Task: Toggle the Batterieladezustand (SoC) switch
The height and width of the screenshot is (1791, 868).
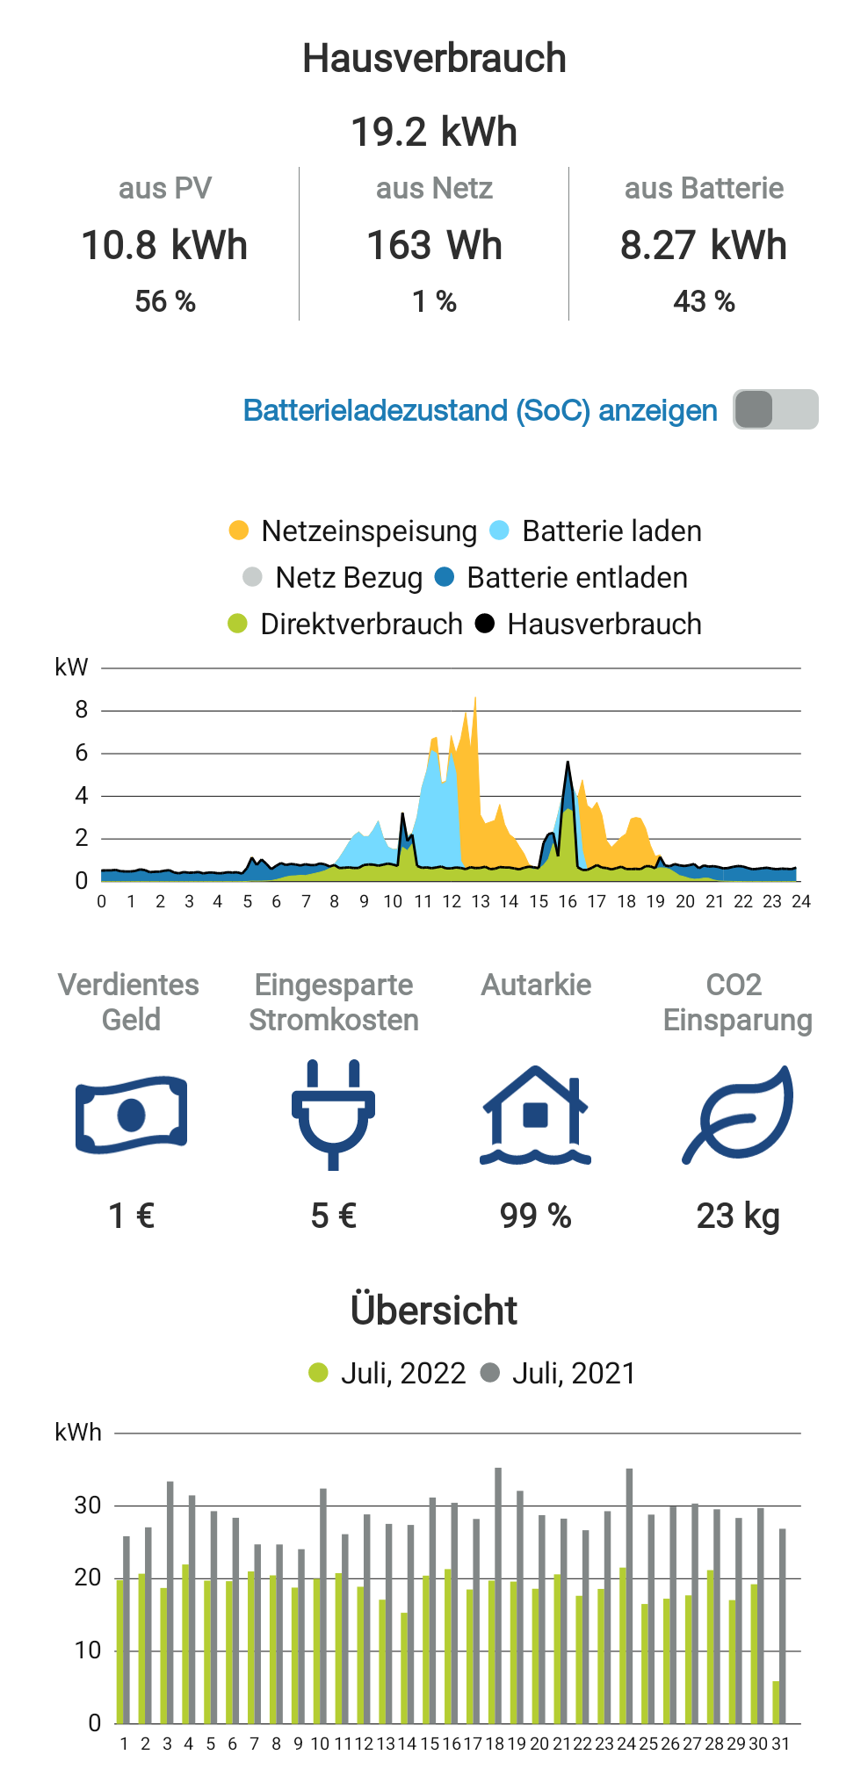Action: click(775, 409)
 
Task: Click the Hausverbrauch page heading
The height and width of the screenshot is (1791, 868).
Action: click(434, 59)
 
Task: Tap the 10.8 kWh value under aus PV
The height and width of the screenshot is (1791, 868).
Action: click(164, 246)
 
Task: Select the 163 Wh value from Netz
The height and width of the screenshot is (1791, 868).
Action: click(434, 246)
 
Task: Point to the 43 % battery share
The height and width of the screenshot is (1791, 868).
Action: click(704, 302)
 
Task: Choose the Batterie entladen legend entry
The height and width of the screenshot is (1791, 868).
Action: click(562, 578)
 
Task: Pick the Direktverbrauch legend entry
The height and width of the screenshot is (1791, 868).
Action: click(345, 625)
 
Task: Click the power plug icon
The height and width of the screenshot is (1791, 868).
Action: click(333, 1114)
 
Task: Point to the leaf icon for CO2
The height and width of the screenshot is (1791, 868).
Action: click(738, 1114)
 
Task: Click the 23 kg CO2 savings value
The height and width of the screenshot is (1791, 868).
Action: click(738, 1217)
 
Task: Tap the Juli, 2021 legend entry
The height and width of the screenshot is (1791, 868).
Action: click(559, 1373)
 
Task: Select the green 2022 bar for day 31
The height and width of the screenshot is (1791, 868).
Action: click(776, 1701)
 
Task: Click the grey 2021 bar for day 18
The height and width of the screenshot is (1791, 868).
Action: click(498, 1594)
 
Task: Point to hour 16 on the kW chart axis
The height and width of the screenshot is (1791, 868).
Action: click(568, 902)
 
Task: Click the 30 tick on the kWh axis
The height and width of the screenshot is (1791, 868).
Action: click(88, 1506)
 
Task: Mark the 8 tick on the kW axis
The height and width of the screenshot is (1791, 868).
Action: click(82, 710)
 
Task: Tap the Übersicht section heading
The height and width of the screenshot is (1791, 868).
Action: click(434, 1311)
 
